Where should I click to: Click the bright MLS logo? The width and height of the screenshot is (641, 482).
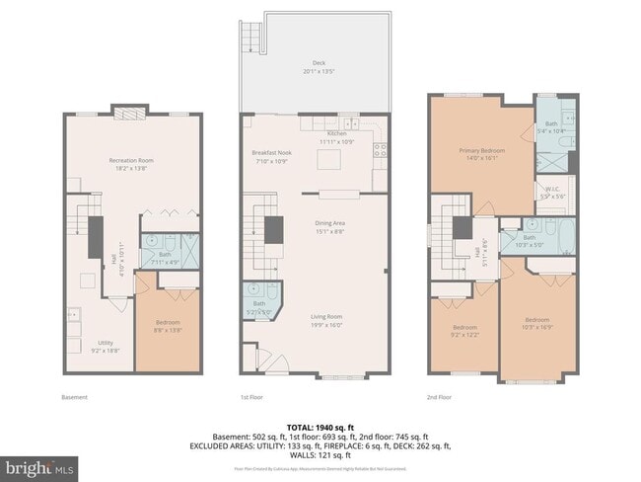[39, 464]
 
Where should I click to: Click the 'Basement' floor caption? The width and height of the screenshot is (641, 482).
[74, 397]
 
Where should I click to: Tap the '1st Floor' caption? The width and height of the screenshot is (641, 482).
[250, 397]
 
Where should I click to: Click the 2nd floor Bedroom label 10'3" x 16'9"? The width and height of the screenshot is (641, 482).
[536, 322]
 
